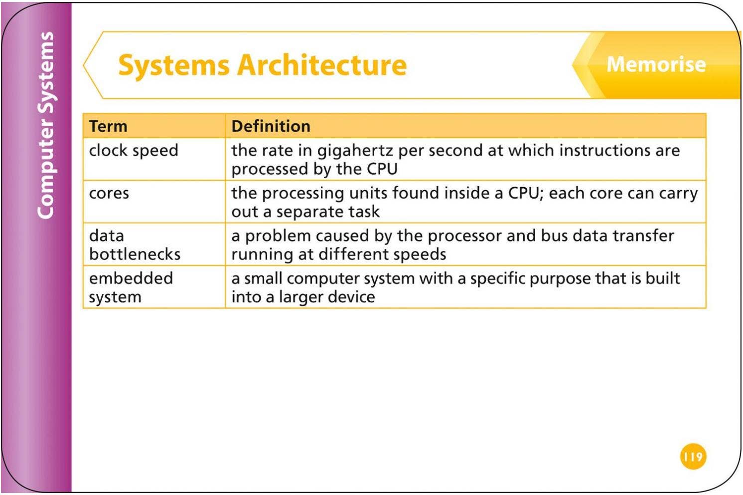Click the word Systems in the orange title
[x=174, y=65]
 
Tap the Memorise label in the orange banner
[x=656, y=64]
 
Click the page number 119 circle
[x=693, y=457]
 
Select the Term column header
[x=108, y=126]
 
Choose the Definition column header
[x=271, y=126]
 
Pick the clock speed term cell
[x=134, y=150]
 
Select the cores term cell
[x=109, y=193]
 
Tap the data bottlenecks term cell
[x=135, y=245]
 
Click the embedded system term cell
[x=131, y=287]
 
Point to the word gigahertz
[x=355, y=151]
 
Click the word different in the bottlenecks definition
[x=353, y=254]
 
